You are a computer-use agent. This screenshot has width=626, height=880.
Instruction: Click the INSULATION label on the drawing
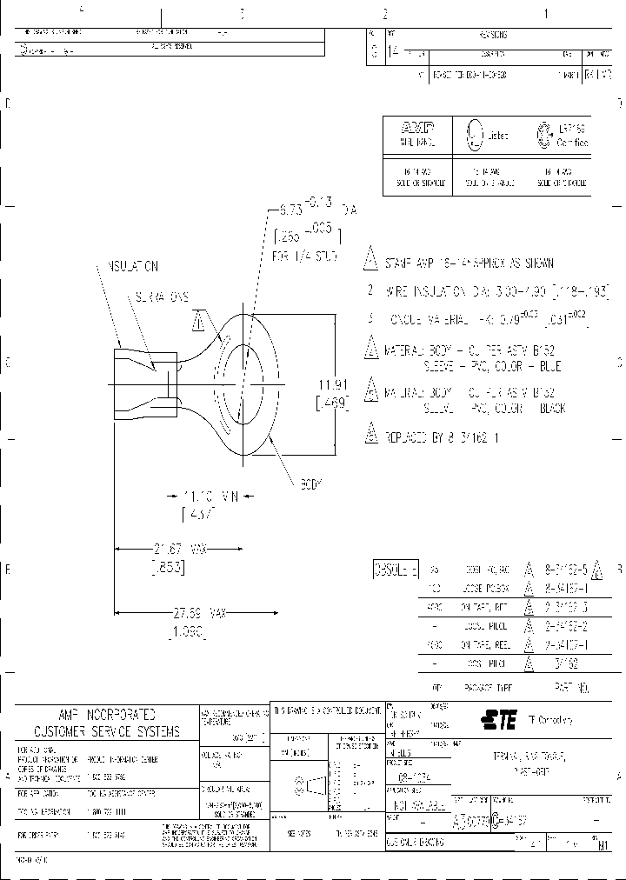coord(133,265)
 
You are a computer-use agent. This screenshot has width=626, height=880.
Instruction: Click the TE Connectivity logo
coord(500,719)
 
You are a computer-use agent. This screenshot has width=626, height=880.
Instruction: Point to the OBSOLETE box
coord(396,570)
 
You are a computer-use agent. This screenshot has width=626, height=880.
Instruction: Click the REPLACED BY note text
coord(443,439)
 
